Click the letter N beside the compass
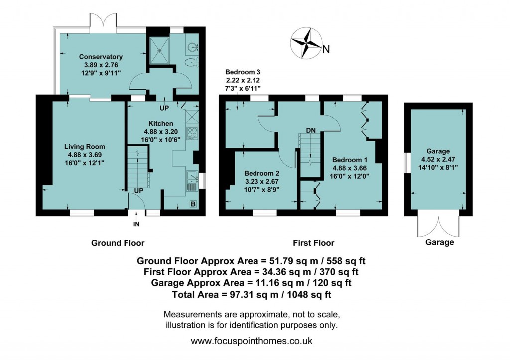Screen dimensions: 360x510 [326, 49]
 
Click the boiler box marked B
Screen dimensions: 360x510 [193, 204]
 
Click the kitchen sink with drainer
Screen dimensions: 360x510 [192, 181]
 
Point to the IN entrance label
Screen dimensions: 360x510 [136, 225]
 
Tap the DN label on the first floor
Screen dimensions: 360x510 [311, 130]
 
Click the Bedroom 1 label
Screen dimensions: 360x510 [350, 160]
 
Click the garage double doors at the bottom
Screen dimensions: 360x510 [438, 226]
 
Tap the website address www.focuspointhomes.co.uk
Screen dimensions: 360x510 [252, 342]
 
